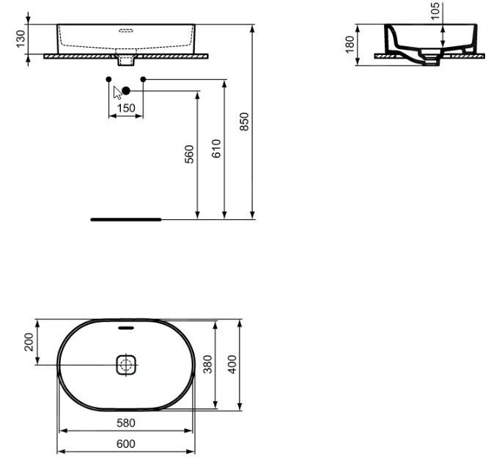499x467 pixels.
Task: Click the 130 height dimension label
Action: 21,39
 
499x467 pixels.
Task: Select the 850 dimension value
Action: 244,122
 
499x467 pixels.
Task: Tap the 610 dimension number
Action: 216,148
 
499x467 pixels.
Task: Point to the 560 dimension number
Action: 189,154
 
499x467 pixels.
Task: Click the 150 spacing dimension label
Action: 126,109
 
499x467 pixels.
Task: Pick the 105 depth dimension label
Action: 435,11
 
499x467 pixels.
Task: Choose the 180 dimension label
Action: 350,45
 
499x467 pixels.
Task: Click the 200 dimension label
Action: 29,342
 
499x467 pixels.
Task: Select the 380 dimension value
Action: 207,364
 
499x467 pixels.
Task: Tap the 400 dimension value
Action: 232,364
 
